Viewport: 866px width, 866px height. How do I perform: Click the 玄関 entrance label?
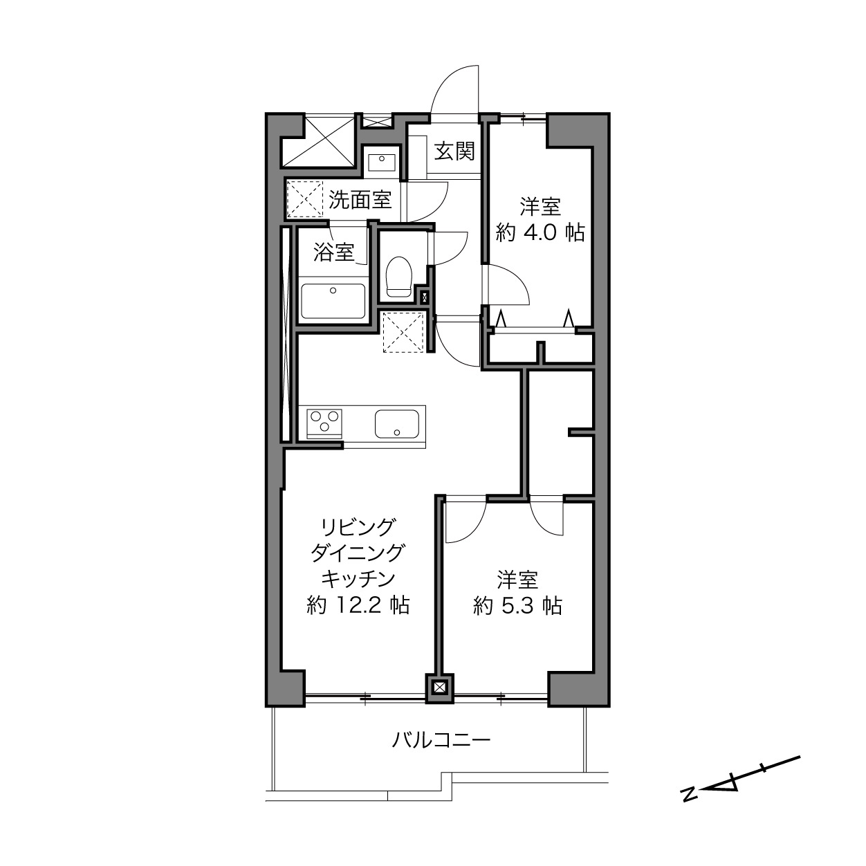(454, 151)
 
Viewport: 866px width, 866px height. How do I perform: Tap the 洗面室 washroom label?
(360, 200)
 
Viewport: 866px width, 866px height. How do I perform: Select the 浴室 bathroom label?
(333, 252)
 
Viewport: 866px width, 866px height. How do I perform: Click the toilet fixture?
(399, 277)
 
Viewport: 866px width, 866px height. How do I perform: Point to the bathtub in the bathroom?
(333, 301)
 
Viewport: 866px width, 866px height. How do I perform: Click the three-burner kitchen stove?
(324, 423)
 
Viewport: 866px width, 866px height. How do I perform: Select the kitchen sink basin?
(397, 424)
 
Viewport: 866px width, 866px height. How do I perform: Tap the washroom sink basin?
(382, 163)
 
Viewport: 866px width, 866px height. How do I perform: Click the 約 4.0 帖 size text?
(540, 233)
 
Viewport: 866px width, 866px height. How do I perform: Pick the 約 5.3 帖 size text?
(517, 606)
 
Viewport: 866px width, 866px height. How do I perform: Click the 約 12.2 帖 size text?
(358, 606)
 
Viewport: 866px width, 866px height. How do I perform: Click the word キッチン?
(358, 579)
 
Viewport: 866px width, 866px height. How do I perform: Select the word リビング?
(358, 526)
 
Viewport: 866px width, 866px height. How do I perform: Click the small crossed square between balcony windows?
(439, 687)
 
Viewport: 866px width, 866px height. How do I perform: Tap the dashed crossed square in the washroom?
(305, 199)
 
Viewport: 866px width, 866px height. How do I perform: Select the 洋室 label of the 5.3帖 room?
(517, 580)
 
